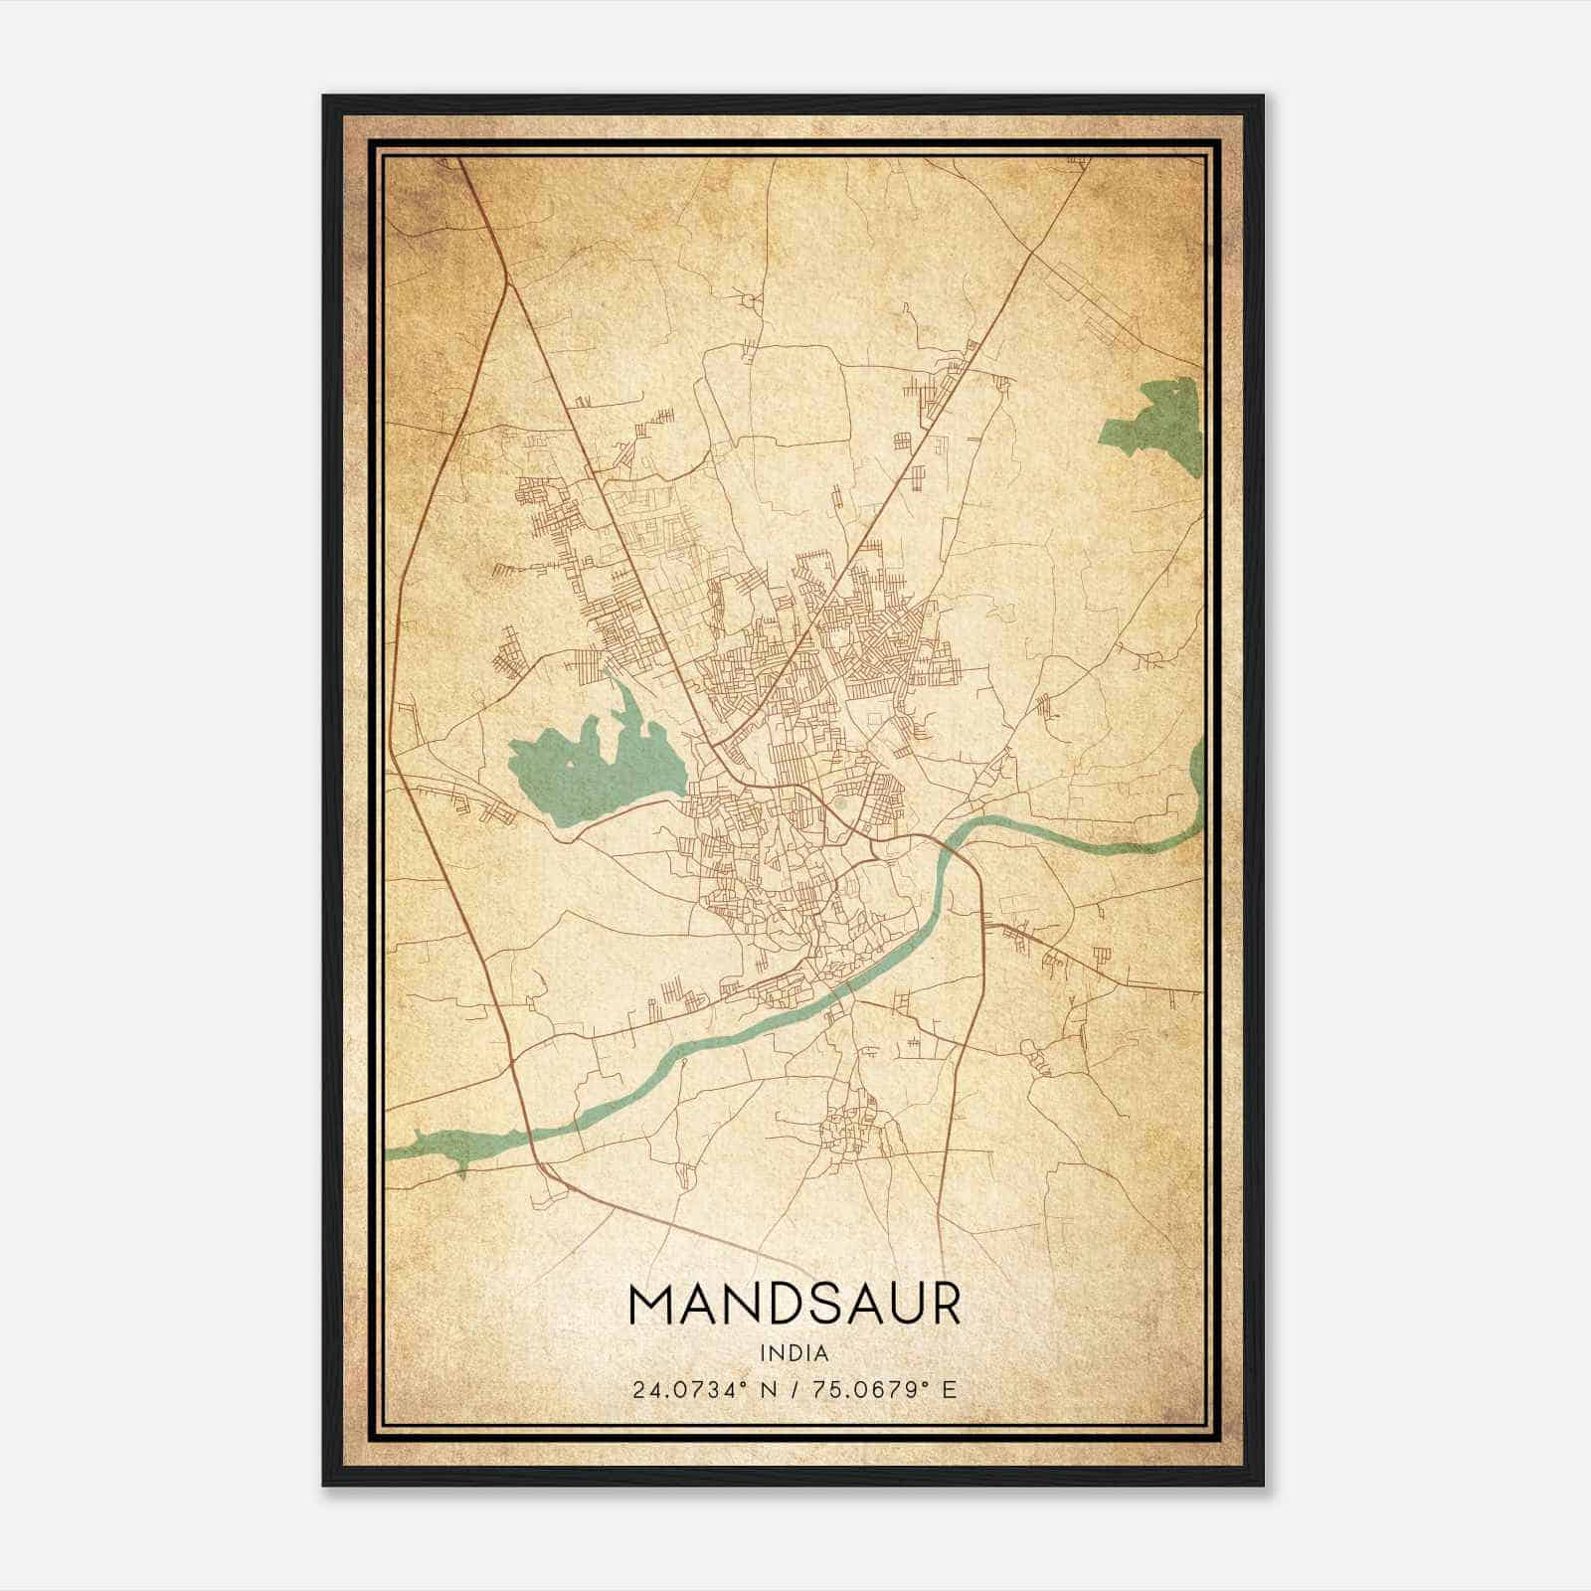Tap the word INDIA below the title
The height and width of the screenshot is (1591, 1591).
pyautogui.click(x=794, y=1352)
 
